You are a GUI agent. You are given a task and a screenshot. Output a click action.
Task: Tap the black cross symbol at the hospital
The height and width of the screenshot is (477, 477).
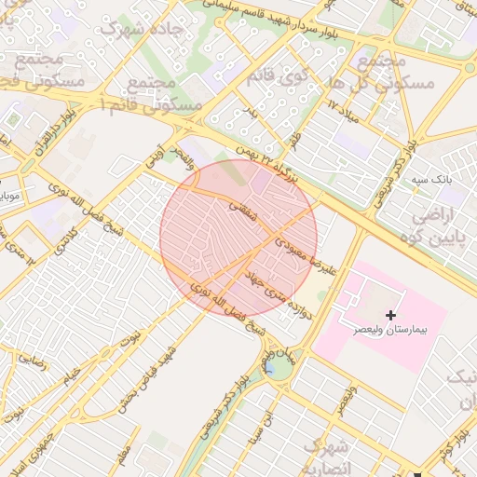(389, 316)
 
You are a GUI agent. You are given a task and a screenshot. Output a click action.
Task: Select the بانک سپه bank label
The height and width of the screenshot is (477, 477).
(433, 177)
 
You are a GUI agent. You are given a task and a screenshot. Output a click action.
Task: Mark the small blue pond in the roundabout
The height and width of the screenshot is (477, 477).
(270, 366)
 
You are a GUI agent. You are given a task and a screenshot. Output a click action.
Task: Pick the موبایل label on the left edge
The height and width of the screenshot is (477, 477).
(8, 197)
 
